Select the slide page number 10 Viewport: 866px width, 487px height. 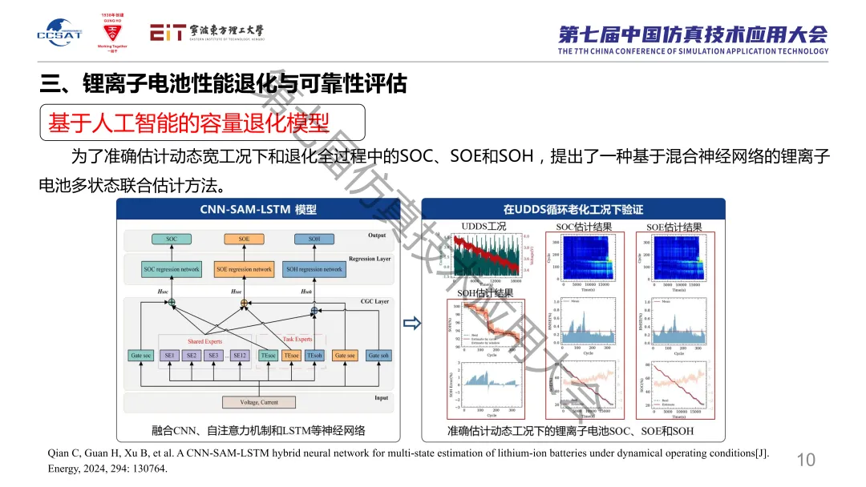point(805,459)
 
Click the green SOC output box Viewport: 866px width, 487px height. point(172,239)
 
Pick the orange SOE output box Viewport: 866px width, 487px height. point(244,239)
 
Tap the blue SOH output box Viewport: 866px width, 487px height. point(314,239)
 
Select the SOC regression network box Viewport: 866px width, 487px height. point(171,269)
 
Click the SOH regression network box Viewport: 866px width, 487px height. point(314,269)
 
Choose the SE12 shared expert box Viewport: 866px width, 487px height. point(239,356)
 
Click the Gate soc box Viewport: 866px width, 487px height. point(142,356)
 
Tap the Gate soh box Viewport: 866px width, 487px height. point(378,356)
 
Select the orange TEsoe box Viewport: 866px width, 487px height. point(291,356)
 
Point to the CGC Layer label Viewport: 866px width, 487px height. point(373,301)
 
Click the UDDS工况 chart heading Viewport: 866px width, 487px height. point(484,227)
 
